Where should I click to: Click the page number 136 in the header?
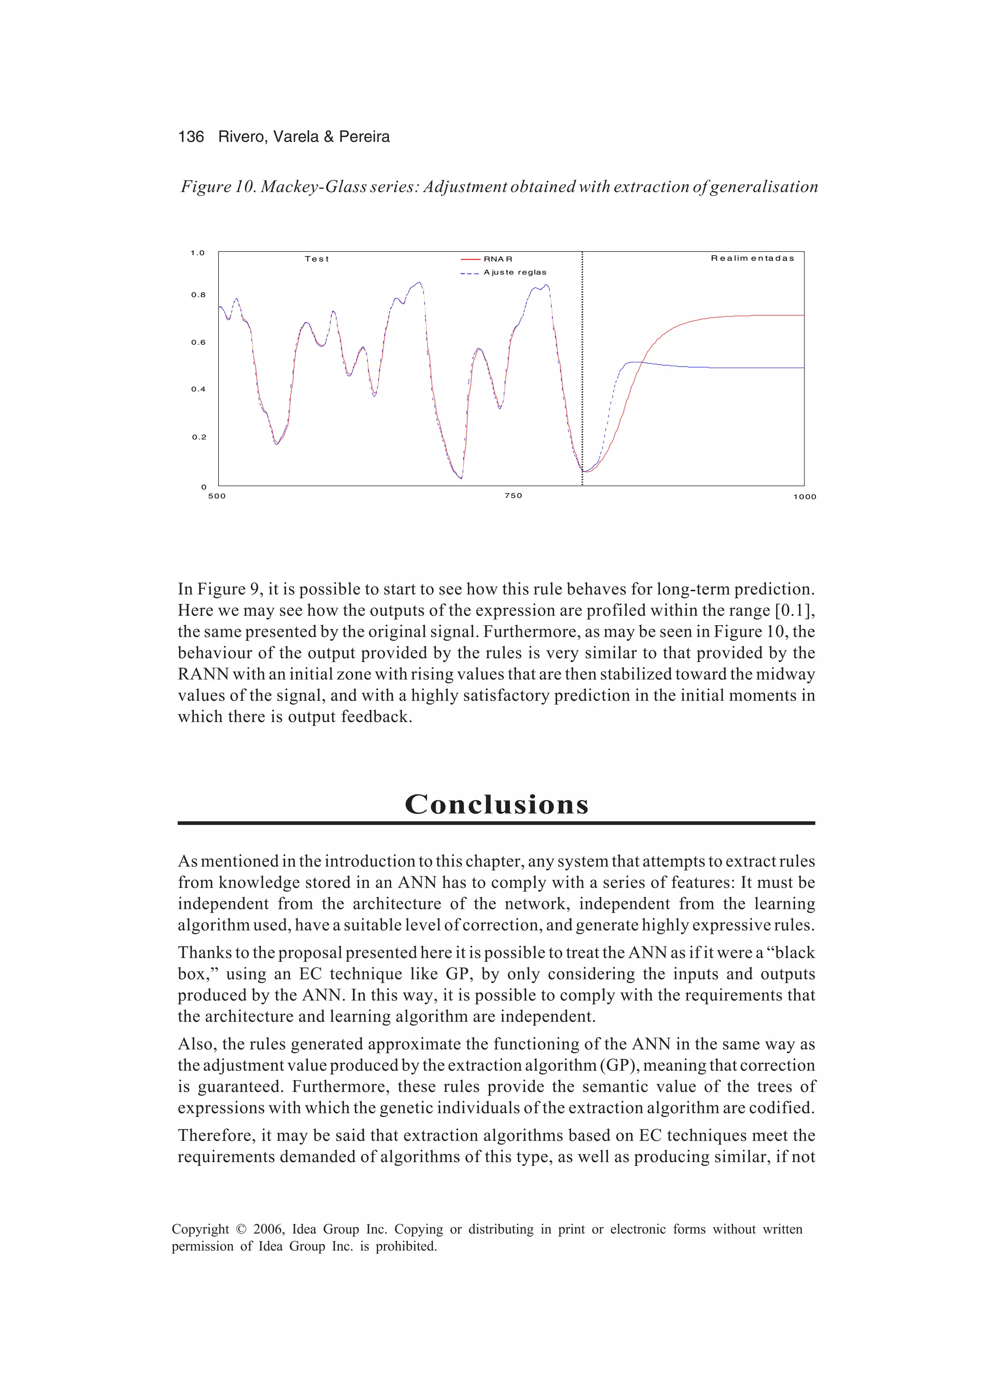tap(191, 136)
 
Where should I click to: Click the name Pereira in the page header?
tap(364, 136)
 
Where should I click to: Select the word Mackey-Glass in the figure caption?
tap(314, 186)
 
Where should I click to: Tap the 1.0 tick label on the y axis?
tap(198, 253)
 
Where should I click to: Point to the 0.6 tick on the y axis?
tap(198, 342)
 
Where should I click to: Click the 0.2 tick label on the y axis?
tap(199, 437)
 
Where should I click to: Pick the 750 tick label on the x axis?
tap(513, 496)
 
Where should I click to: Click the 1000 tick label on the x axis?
tap(804, 497)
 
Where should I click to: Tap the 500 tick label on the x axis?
tap(217, 496)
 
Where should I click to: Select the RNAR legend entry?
tap(497, 259)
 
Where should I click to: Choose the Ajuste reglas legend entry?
tap(514, 273)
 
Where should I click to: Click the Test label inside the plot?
tap(317, 259)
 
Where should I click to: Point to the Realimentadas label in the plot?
tap(752, 259)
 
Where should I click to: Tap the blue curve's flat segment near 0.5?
tap(758, 368)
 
